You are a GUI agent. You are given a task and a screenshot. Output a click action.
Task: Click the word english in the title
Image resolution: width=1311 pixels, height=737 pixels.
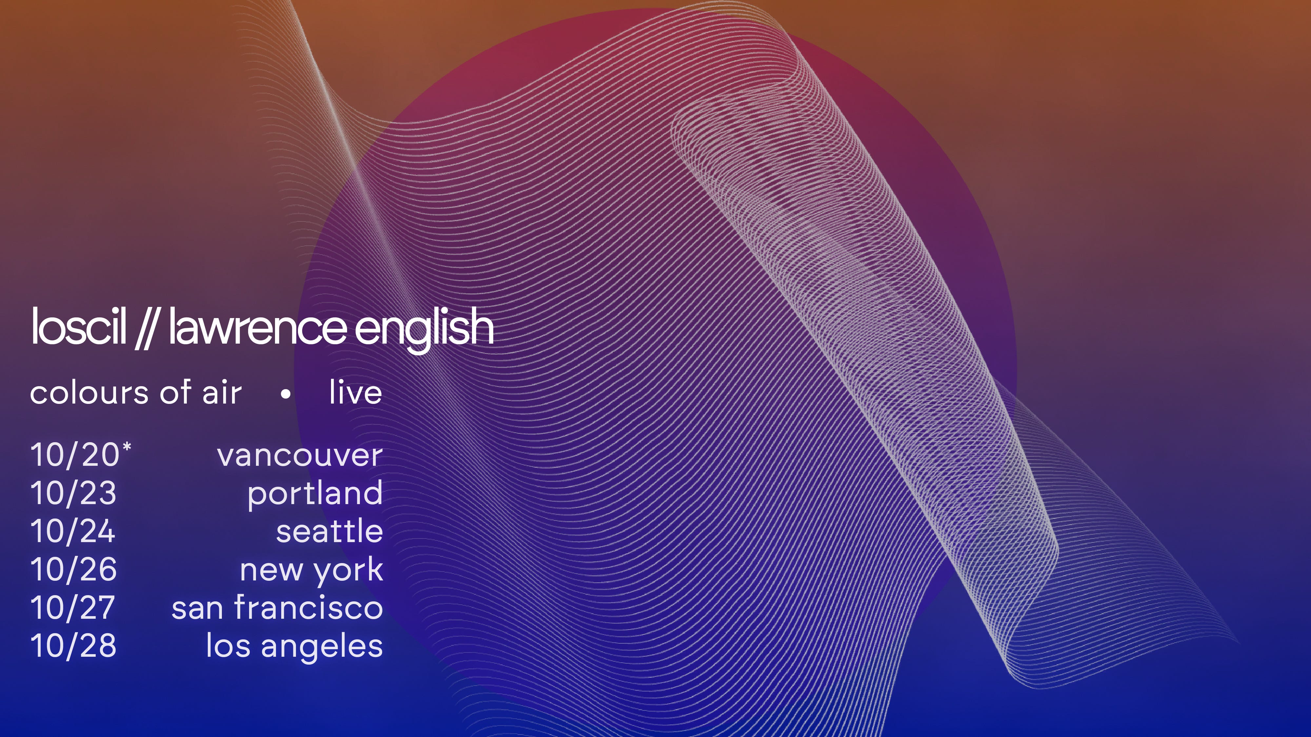(x=423, y=329)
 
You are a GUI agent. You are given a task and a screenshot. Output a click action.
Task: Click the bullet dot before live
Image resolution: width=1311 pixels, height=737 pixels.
(x=286, y=394)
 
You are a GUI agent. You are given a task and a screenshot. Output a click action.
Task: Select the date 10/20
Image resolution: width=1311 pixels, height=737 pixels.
(x=75, y=454)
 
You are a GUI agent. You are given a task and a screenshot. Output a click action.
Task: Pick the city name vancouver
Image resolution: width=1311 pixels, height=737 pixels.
(x=300, y=455)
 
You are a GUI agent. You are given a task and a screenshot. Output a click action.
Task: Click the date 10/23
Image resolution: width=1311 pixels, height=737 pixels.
(x=73, y=493)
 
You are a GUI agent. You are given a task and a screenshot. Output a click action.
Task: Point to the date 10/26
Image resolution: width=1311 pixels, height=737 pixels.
(x=73, y=569)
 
